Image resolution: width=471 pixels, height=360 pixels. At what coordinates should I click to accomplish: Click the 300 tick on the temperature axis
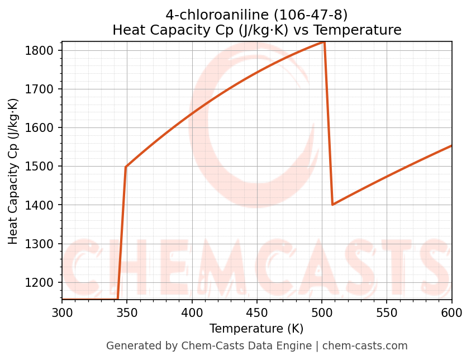pyautogui.click(x=62, y=312)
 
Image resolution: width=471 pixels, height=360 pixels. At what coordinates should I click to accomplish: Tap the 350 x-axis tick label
pyautogui.click(x=127, y=312)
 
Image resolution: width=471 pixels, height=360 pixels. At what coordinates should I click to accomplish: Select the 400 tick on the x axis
pyautogui.click(x=192, y=312)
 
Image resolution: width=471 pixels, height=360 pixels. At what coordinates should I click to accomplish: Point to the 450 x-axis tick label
pyautogui.click(x=257, y=312)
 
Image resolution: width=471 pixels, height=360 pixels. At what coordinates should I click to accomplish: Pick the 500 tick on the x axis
pyautogui.click(x=322, y=312)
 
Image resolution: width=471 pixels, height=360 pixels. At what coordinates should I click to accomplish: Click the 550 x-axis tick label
pyautogui.click(x=387, y=312)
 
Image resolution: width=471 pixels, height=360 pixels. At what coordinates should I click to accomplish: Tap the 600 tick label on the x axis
pyautogui.click(x=451, y=312)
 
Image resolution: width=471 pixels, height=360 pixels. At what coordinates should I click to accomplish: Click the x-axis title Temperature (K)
pyautogui.click(x=257, y=329)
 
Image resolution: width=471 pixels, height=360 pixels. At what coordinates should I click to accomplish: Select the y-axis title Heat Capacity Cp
pyautogui.click(x=13, y=171)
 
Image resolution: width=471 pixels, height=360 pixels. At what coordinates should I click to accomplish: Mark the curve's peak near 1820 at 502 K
pyautogui.click(x=324, y=42)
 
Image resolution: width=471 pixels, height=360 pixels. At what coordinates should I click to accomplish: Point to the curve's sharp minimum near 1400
pyautogui.click(x=332, y=205)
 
